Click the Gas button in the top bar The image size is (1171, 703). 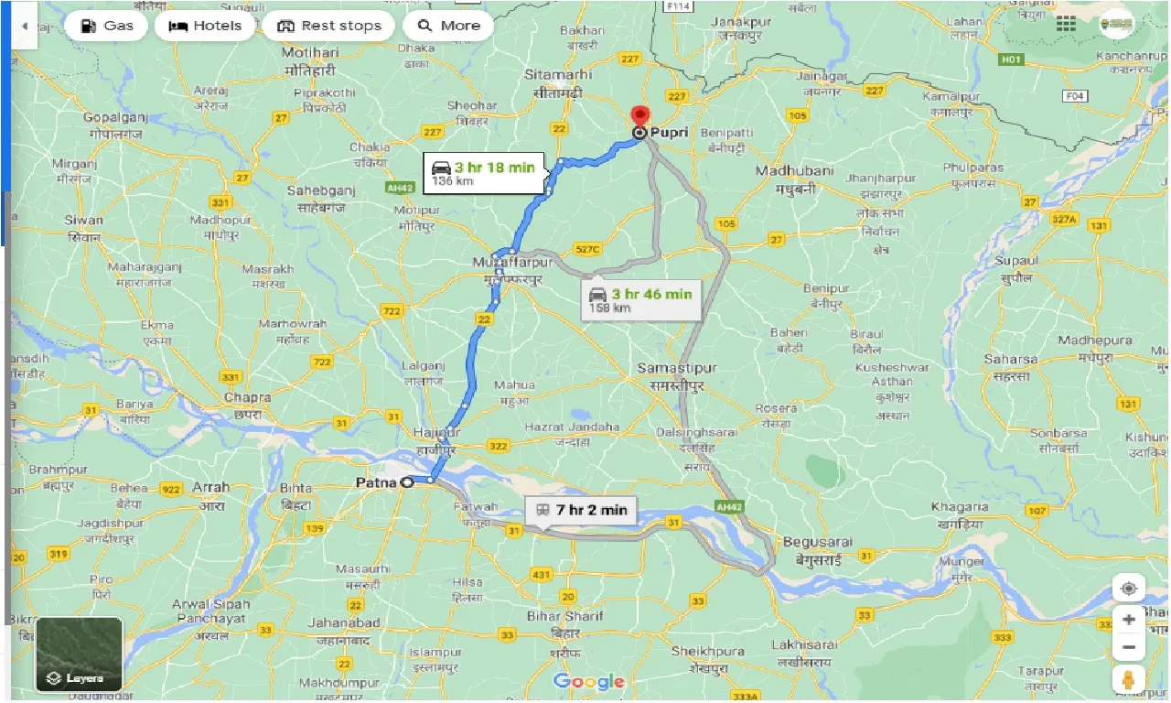coord(105,26)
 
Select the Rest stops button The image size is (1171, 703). coord(328,26)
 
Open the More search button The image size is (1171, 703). coord(448,26)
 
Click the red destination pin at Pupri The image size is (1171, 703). coord(639,117)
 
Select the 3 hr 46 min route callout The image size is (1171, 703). coord(640,300)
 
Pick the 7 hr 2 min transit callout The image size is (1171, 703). coord(581,510)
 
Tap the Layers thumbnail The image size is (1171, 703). coord(79,654)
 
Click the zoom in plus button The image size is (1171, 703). coord(1129,619)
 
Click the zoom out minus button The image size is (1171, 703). coord(1129,648)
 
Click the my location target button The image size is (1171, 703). coord(1129,588)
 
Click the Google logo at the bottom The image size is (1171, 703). coord(589,681)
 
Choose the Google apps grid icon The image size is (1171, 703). coord(1066,25)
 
